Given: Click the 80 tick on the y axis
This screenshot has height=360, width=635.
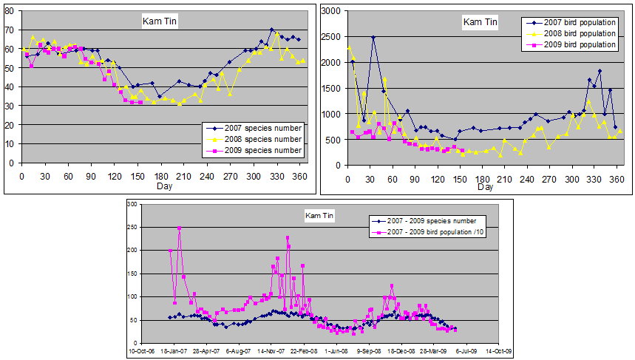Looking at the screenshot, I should tap(12, 10).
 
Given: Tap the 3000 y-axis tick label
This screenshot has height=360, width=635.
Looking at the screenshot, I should tap(331, 11).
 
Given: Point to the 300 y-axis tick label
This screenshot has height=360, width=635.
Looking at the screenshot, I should tap(134, 203).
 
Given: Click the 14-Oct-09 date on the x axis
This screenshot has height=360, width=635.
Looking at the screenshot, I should tap(496, 350).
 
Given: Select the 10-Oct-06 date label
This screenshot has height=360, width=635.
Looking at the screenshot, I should tap(141, 350).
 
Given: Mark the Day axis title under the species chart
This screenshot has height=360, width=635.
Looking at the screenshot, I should tap(166, 186).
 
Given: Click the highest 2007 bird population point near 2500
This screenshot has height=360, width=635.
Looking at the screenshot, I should tap(374, 37).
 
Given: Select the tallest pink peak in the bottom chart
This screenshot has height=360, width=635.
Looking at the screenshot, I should tap(179, 228).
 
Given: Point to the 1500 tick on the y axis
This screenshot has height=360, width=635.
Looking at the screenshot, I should tap(331, 89).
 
